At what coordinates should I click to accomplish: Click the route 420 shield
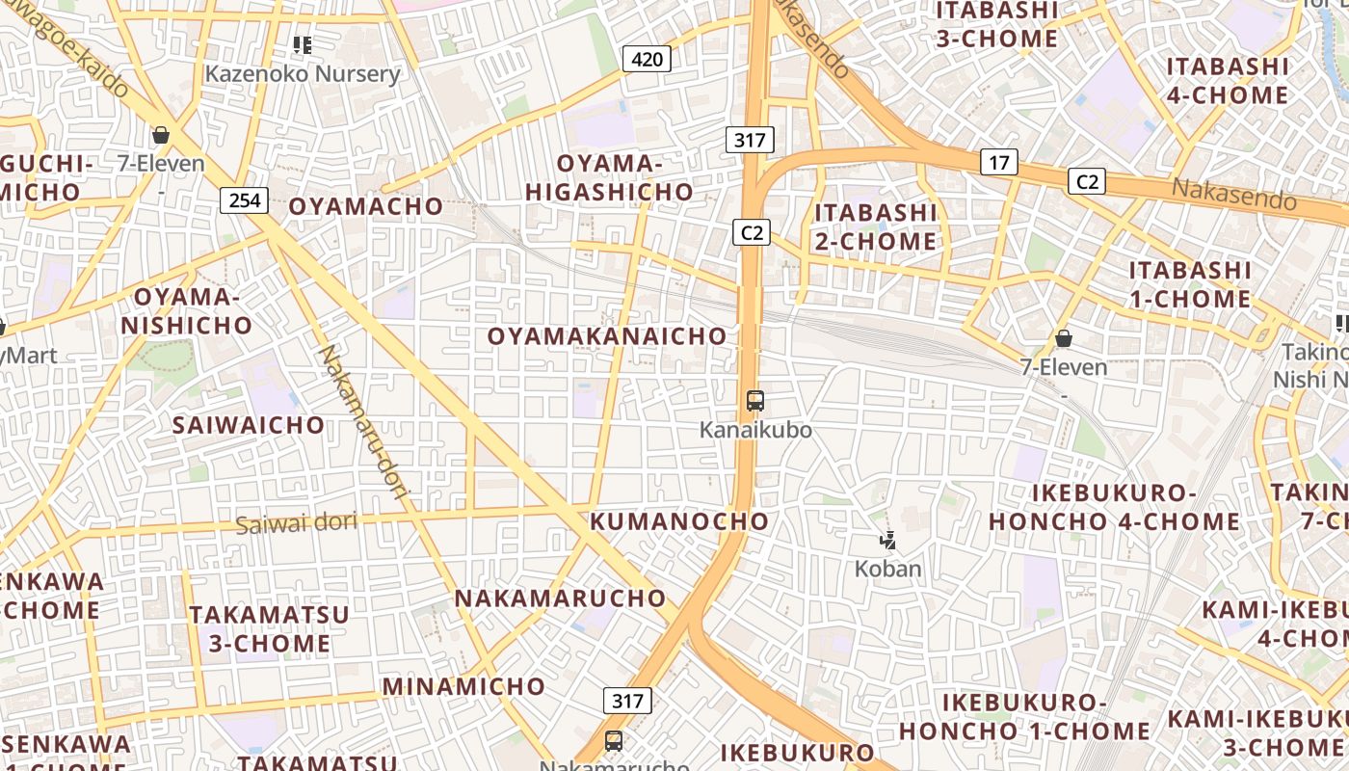pyautogui.click(x=647, y=60)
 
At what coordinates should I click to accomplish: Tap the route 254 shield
pyautogui.click(x=245, y=200)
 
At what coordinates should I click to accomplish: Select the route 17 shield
pyautogui.click(x=998, y=162)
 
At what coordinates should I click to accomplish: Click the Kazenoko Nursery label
pyautogui.click(x=303, y=74)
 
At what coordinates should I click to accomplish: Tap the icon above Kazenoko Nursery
pyautogui.click(x=303, y=45)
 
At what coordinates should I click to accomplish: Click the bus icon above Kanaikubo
pyautogui.click(x=755, y=401)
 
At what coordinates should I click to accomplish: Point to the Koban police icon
pyautogui.click(x=888, y=541)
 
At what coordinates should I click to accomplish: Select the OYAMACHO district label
pyautogui.click(x=366, y=206)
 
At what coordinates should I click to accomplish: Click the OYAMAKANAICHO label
pyautogui.click(x=607, y=336)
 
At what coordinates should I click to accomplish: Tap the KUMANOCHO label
pyautogui.click(x=680, y=521)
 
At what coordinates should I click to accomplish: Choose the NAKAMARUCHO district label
pyautogui.click(x=560, y=598)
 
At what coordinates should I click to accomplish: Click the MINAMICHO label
pyautogui.click(x=464, y=686)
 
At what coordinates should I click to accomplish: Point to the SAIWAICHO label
pyautogui.click(x=249, y=425)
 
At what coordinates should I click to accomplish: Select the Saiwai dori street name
pyautogui.click(x=297, y=523)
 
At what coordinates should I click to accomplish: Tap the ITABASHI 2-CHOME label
pyautogui.click(x=876, y=226)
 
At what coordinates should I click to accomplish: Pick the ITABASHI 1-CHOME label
pyautogui.click(x=1190, y=284)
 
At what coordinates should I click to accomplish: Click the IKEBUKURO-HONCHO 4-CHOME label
pyautogui.click(x=1115, y=508)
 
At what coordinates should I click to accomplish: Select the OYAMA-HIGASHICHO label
pyautogui.click(x=610, y=178)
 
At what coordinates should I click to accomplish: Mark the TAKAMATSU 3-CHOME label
pyautogui.click(x=269, y=628)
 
